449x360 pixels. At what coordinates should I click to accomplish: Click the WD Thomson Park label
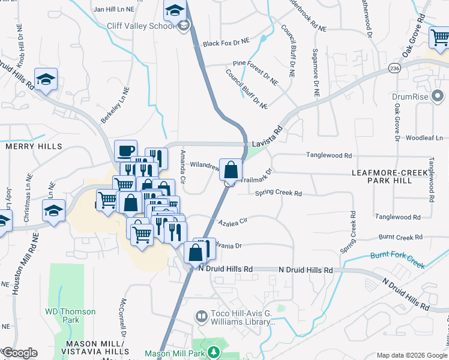pos(70,316)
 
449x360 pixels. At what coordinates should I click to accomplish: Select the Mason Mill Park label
pos(173,354)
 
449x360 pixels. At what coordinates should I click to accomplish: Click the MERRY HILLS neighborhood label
pos(33,146)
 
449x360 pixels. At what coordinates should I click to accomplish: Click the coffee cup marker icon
pos(125,150)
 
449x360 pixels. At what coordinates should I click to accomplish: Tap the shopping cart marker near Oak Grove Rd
pos(440,38)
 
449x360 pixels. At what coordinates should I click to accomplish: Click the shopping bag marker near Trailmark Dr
pos(231,170)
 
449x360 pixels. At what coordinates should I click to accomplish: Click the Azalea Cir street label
pos(234,222)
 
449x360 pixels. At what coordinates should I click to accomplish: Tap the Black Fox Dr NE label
pos(226,43)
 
